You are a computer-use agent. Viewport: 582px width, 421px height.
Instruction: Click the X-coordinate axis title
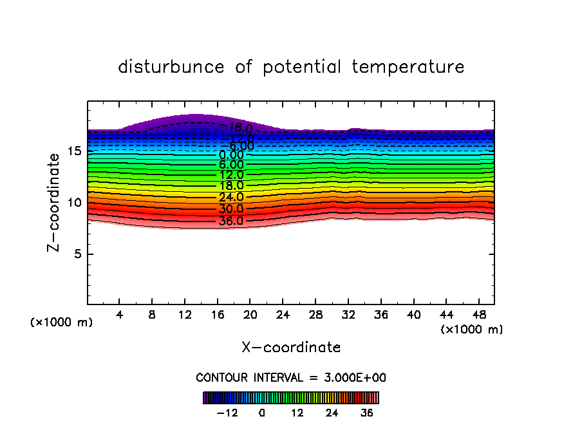coord(291,348)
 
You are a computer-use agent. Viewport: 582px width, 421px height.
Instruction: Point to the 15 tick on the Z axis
coord(74,151)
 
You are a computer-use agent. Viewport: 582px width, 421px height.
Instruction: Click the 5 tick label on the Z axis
coord(77,254)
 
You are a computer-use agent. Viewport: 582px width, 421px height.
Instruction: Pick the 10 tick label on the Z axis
coord(74,203)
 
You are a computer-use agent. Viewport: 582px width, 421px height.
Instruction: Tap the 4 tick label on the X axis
coord(120,315)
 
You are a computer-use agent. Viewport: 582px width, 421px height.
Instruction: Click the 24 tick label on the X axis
coord(283,315)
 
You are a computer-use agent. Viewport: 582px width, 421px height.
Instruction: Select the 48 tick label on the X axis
coord(478,315)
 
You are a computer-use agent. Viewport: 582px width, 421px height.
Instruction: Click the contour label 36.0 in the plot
coord(231,221)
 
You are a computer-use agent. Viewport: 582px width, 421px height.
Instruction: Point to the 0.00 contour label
coord(231,155)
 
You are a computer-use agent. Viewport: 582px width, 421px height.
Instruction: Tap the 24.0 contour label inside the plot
coord(231,197)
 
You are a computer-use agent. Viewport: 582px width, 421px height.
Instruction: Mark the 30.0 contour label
coord(231,209)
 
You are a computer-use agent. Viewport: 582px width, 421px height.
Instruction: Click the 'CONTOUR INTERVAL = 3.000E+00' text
coord(291,377)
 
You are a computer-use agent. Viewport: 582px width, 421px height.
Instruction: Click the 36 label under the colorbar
coord(367,413)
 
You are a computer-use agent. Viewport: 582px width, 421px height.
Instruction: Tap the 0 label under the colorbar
coord(262,413)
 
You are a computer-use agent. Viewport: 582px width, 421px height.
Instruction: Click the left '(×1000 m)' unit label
coord(62,323)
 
